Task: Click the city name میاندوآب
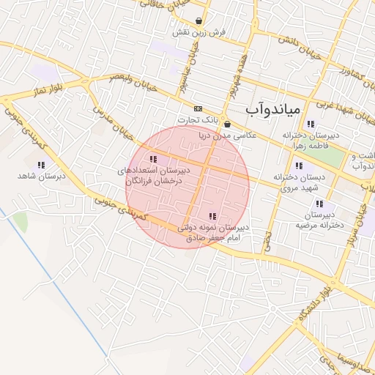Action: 272,110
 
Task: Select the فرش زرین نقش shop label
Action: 198,33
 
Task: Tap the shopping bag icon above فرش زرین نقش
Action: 198,21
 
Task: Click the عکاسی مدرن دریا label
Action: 228,135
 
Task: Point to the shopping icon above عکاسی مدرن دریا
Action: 227,124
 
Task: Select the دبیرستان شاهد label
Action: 42,177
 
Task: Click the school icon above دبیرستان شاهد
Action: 40,165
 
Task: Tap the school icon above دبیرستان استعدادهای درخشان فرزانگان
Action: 153,159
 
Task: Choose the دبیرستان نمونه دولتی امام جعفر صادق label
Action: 213,232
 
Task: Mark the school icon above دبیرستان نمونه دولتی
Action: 212,216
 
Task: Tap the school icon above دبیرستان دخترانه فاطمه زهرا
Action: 311,124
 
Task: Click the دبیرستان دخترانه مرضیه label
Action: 320,220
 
